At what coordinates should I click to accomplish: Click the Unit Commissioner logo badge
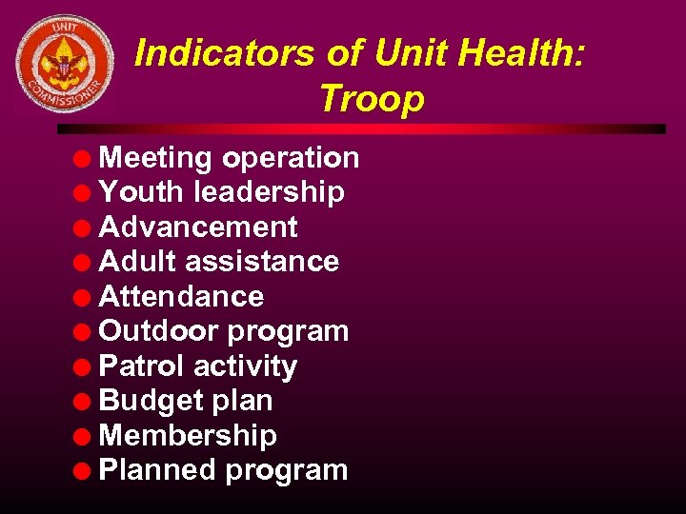65,64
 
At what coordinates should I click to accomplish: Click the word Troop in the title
373,97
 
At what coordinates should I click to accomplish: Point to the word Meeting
155,158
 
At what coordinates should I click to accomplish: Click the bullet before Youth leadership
85,193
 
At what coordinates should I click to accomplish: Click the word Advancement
198,227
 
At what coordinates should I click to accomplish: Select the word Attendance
181,297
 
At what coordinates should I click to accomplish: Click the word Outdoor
158,331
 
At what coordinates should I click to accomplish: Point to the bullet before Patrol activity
85,367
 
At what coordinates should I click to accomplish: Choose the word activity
245,366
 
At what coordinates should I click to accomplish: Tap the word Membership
188,436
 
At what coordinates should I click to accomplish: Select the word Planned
157,470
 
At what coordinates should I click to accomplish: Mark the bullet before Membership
85,437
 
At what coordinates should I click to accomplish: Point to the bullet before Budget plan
85,402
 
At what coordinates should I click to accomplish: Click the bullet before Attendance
85,298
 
